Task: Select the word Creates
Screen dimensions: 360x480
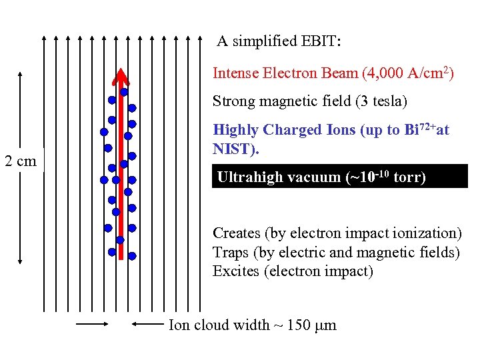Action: [x=237, y=233]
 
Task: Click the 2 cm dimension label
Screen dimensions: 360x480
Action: [x=20, y=161]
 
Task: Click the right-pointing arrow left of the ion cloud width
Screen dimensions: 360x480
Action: [x=92, y=325]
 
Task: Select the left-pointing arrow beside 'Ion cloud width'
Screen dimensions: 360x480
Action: [x=146, y=325]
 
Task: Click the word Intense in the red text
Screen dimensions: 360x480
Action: [x=235, y=73]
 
